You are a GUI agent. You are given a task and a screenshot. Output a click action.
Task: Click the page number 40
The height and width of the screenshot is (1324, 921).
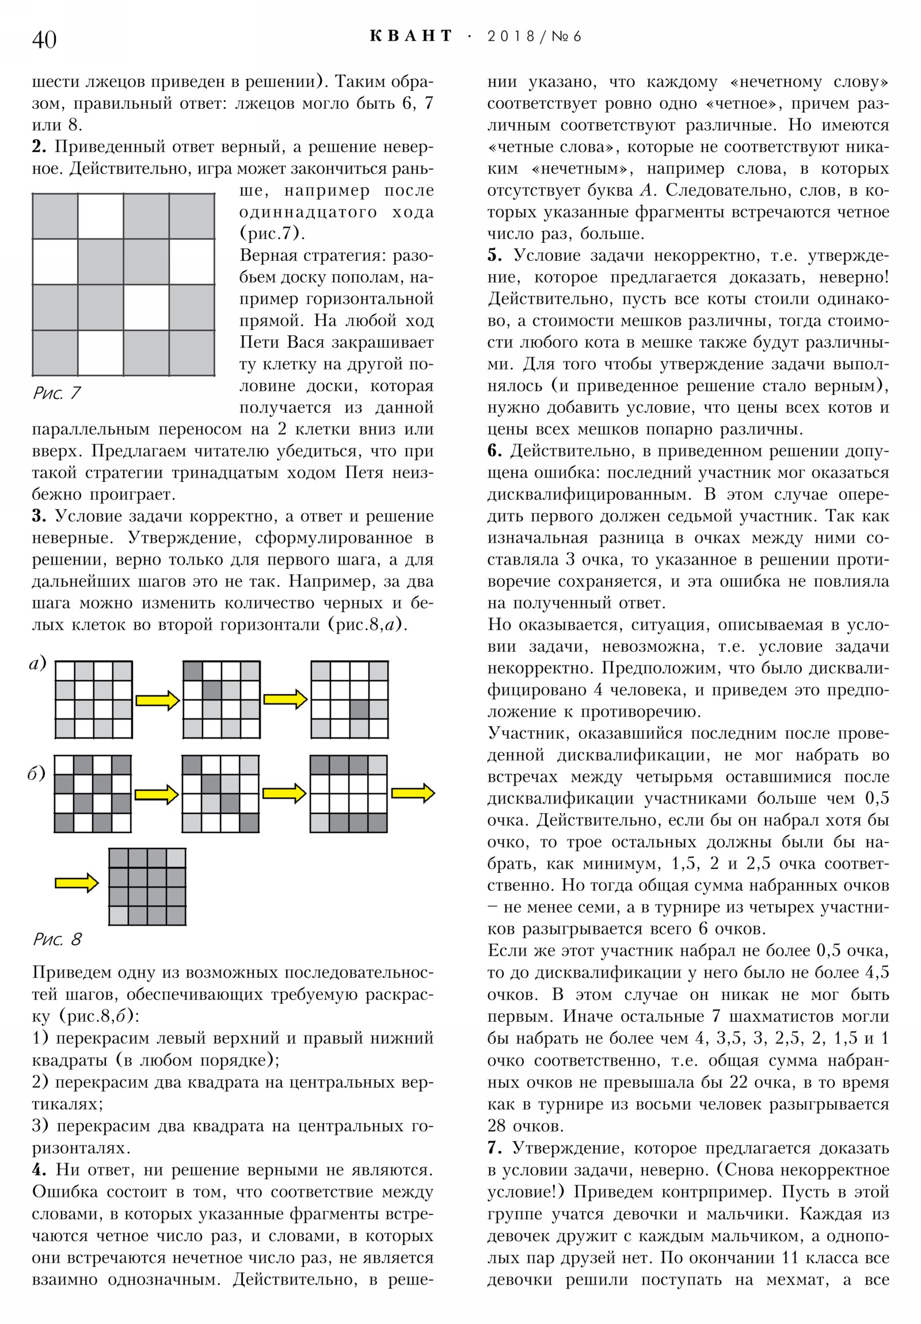(x=44, y=40)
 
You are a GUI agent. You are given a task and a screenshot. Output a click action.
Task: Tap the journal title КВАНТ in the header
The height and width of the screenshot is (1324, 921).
(x=410, y=36)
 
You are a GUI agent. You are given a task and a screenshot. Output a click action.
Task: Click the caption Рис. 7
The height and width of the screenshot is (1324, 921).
(x=56, y=393)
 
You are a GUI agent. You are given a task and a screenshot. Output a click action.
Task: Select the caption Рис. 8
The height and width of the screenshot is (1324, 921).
(x=57, y=939)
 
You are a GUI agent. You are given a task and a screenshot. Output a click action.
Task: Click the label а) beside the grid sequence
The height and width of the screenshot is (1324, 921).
(x=37, y=664)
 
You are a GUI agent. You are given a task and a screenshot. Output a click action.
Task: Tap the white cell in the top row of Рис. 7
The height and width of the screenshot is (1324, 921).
(x=100, y=216)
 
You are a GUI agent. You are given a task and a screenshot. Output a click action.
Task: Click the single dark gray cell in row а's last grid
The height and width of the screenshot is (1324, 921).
(x=359, y=709)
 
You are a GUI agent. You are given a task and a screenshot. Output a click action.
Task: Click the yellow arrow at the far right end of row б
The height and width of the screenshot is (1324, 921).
(x=412, y=793)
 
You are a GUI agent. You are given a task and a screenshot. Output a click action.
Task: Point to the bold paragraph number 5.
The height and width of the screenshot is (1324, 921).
(x=494, y=256)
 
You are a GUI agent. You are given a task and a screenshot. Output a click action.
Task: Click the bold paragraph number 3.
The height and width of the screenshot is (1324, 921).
(x=39, y=516)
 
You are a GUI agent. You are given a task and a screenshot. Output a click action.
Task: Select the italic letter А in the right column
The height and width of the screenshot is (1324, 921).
(x=644, y=191)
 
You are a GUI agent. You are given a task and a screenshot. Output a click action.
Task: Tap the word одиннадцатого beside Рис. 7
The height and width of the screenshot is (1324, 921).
(x=308, y=212)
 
